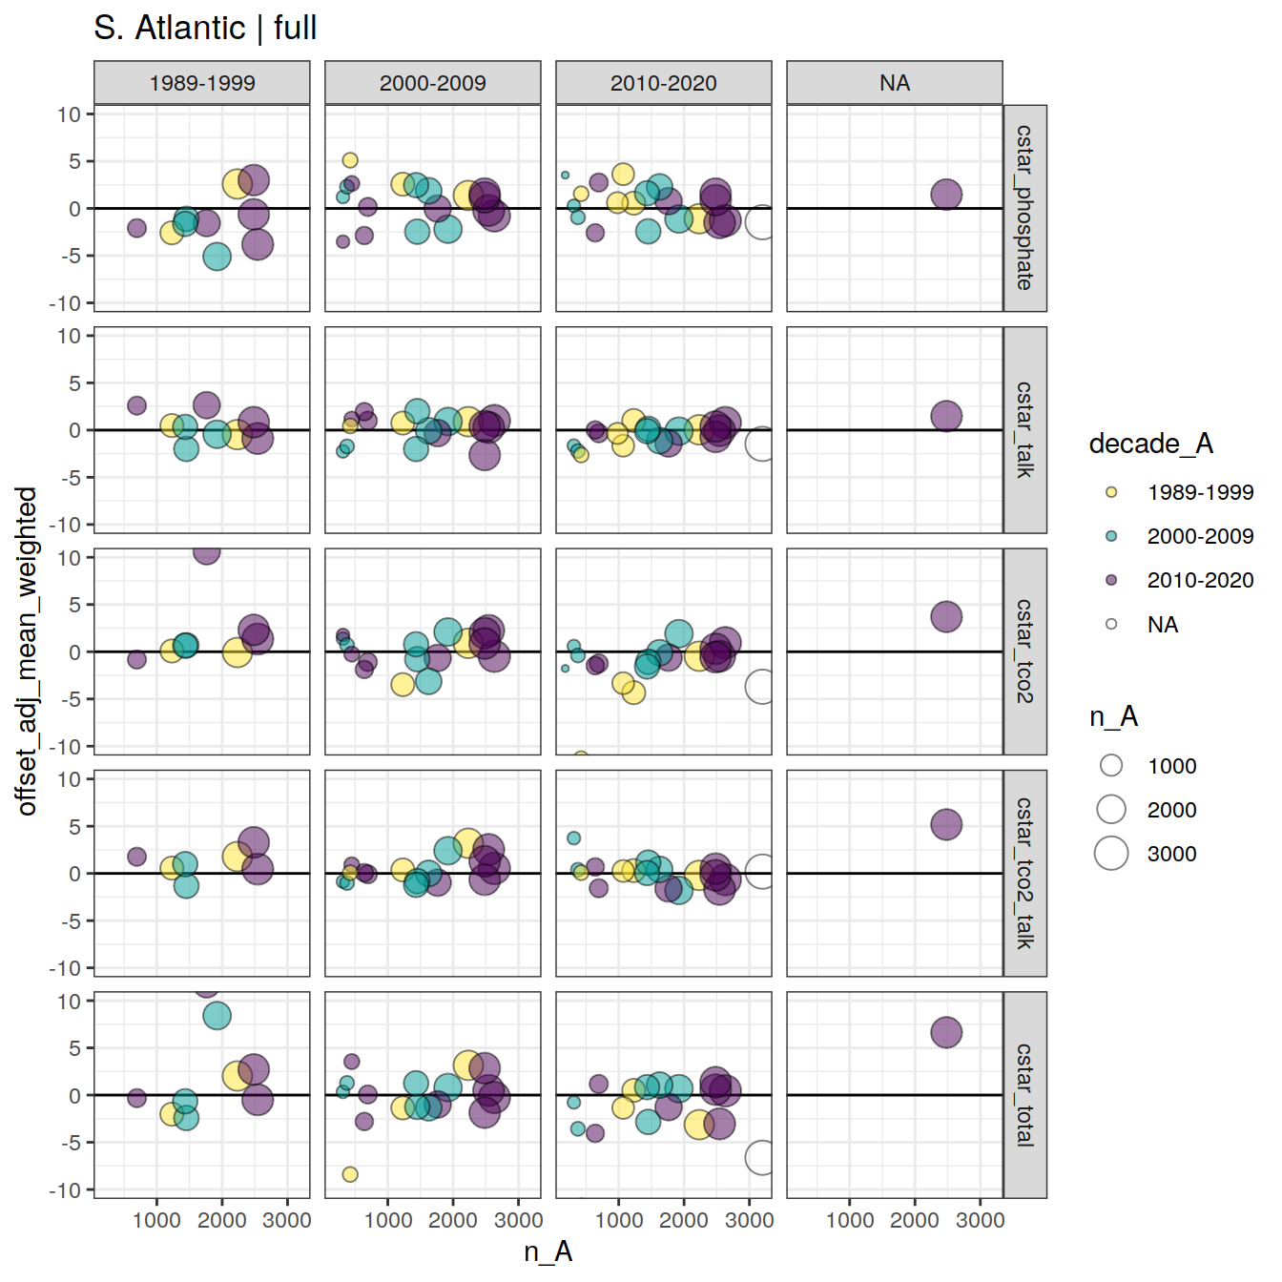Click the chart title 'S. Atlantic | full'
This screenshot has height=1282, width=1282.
[205, 28]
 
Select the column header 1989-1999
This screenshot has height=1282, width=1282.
[202, 83]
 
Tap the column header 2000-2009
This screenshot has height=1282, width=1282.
[433, 83]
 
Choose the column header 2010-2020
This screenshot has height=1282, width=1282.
[664, 83]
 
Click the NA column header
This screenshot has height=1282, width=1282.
[895, 83]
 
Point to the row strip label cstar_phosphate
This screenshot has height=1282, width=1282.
[1024, 208]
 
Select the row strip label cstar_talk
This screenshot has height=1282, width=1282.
[1024, 430]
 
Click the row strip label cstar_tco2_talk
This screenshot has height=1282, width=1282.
[1024, 873]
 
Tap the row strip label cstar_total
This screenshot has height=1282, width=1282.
[1024, 1094]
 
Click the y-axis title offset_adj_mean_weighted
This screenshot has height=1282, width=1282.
[27, 651]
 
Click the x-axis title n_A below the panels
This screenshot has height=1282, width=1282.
[548, 1251]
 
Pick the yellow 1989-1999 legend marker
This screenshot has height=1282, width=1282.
[1111, 492]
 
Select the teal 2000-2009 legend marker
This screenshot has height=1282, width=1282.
[1111, 536]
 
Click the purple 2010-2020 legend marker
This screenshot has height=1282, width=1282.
[1111, 580]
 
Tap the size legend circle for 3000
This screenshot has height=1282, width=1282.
[1111, 854]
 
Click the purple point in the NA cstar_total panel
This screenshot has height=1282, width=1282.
[946, 1032]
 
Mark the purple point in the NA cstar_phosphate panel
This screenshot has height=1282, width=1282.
[946, 195]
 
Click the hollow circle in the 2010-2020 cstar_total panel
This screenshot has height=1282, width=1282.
[760, 1158]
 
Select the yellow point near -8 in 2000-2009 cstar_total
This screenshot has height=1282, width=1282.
[350, 1174]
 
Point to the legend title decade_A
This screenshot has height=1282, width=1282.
[1150, 444]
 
